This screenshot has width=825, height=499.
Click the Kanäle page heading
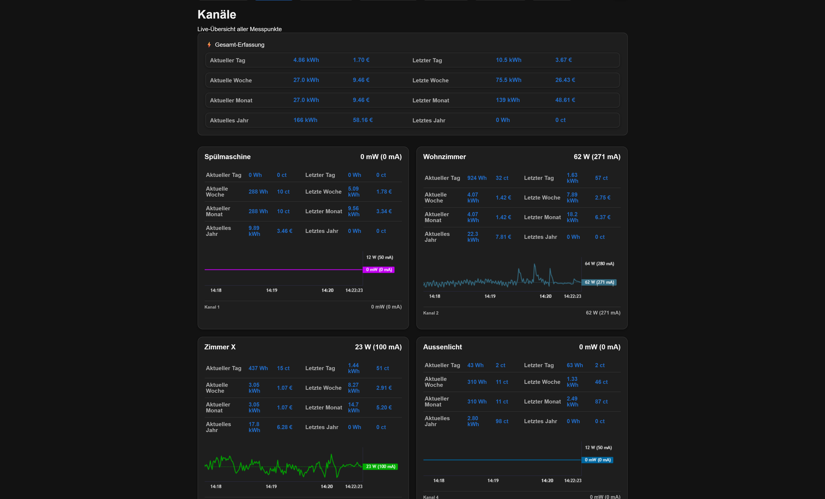[217, 14]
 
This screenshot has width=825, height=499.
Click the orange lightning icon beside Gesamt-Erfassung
[209, 45]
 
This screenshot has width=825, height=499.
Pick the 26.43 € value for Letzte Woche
[565, 80]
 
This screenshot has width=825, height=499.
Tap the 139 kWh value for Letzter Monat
[508, 100]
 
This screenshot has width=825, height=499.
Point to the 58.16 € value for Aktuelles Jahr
[363, 120]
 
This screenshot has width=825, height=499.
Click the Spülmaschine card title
[227, 157]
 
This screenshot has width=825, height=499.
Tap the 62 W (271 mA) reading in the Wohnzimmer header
[597, 157]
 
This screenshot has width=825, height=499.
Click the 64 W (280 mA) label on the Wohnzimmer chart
[599, 264]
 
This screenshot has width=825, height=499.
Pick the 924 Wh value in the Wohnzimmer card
[477, 178]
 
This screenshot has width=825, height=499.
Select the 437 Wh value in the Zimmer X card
[258, 368]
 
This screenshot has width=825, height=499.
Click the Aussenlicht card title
[442, 347]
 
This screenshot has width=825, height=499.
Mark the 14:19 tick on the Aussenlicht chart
[493, 480]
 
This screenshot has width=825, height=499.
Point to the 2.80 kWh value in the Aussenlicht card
[473, 421]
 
